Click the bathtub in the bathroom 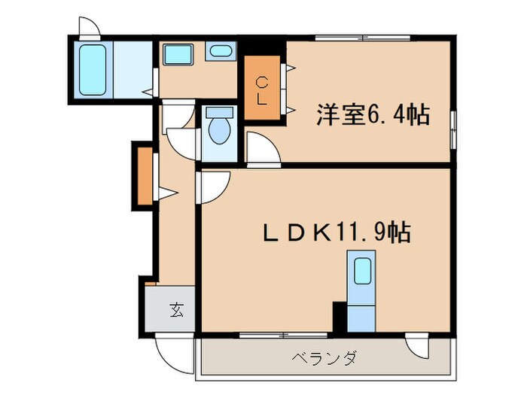(x=93, y=68)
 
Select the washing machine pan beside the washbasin (x=179, y=54)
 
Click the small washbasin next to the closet (x=221, y=52)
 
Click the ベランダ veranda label (x=323, y=357)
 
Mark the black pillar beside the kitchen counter (x=339, y=316)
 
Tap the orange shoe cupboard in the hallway (x=143, y=175)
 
